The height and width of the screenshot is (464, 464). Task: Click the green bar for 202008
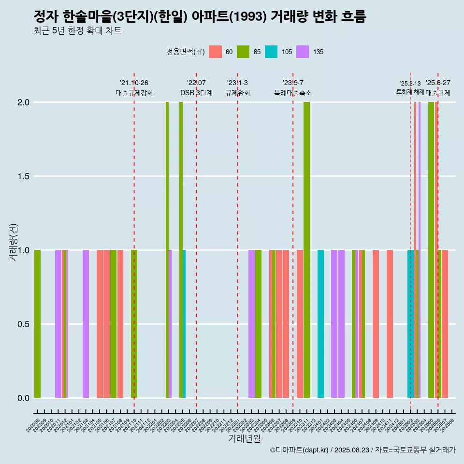pyautogui.click(x=37, y=324)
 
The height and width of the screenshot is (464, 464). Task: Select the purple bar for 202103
pyautogui.click(x=86, y=324)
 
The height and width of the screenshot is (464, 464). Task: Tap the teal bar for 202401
pyautogui.click(x=320, y=324)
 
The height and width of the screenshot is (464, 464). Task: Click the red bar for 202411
pyautogui.click(x=390, y=324)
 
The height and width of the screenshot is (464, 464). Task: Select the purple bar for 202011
pyautogui.click(x=58, y=324)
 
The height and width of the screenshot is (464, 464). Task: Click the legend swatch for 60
pyautogui.click(x=215, y=52)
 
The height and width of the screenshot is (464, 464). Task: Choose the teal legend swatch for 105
pyautogui.click(x=271, y=52)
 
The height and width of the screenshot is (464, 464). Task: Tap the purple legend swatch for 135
pyautogui.click(x=303, y=52)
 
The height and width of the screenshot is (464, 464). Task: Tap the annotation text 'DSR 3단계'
pyautogui.click(x=196, y=93)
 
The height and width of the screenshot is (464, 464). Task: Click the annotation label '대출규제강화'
pyautogui.click(x=134, y=93)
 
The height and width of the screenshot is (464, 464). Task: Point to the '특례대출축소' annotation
pyautogui.click(x=293, y=93)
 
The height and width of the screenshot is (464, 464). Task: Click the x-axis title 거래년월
pyautogui.click(x=244, y=439)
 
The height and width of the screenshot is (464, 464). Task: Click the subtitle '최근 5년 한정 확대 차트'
pyautogui.click(x=77, y=31)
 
